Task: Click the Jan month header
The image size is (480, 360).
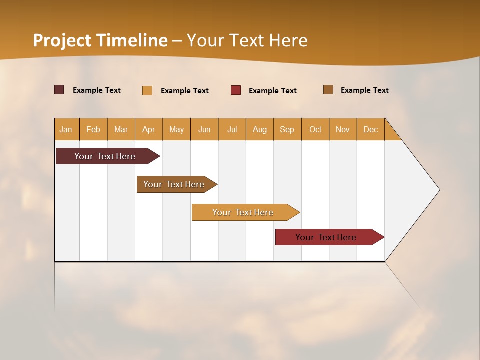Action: pyautogui.click(x=66, y=129)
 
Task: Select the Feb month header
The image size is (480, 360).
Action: pyautogui.click(x=93, y=129)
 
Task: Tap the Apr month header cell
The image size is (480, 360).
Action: pyautogui.click(x=149, y=129)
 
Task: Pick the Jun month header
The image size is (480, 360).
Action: pyautogui.click(x=204, y=129)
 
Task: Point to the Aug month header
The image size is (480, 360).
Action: pyautogui.click(x=260, y=129)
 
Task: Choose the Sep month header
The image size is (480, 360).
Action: pyautogui.click(x=287, y=129)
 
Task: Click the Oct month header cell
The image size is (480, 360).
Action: pyautogui.click(x=315, y=129)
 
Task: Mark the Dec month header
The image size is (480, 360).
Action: pyautogui.click(x=371, y=129)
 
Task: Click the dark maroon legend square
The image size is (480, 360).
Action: pyautogui.click(x=59, y=90)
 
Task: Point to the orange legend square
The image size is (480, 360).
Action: pyautogui.click(x=147, y=90)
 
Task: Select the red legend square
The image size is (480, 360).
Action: pyautogui.click(x=236, y=90)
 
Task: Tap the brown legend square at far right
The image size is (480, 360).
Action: pyautogui.click(x=328, y=90)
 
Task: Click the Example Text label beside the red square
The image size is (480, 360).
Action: pyautogui.click(x=273, y=91)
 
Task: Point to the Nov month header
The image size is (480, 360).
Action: pyautogui.click(x=343, y=129)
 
